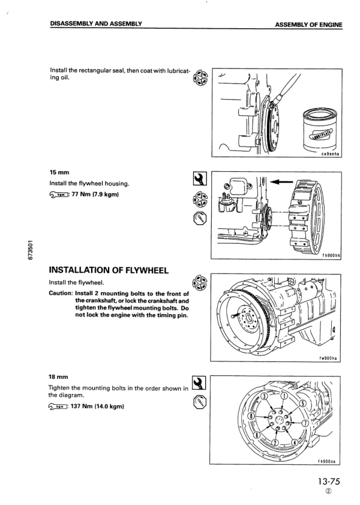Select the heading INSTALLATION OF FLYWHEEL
(x=111, y=271)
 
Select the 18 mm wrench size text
(x=59, y=376)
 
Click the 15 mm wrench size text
(x=59, y=171)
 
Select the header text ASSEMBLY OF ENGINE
(x=308, y=25)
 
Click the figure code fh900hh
(x=331, y=255)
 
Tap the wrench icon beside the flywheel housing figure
(x=197, y=180)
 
